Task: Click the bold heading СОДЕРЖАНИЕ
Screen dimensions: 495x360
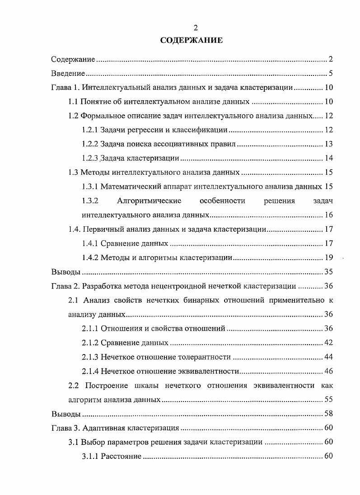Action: click(192, 41)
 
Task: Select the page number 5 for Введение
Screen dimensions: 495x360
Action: click(331, 74)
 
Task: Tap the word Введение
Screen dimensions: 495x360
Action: click(68, 74)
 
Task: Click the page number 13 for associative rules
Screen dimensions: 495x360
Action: click(328, 145)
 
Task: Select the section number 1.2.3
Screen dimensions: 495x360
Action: click(90, 159)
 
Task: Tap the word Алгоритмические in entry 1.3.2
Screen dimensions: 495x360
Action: click(149, 201)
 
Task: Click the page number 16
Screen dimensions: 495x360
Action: click(328, 215)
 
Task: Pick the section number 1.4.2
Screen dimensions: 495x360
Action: click(90, 258)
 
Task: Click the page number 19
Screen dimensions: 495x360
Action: click(328, 258)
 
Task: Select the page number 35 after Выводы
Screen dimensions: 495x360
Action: click(328, 272)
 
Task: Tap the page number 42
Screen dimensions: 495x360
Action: click(328, 343)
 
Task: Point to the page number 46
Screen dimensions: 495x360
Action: click(328, 371)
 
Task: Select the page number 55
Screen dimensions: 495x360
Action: click(328, 400)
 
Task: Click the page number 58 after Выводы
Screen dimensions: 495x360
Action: click(328, 414)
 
